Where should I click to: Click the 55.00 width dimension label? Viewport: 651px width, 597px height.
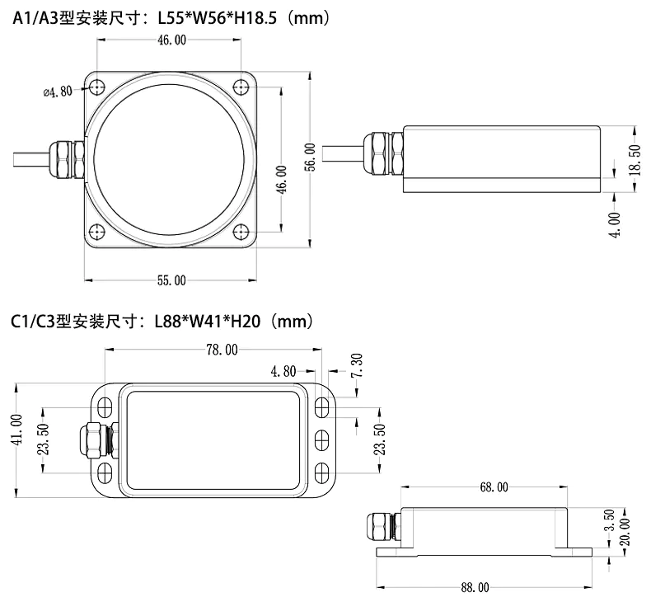coord(171,280)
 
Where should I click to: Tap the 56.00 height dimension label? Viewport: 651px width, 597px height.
coord(310,157)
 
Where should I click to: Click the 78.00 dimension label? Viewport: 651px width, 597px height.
coord(221,350)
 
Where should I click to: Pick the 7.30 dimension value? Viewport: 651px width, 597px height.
coord(356,364)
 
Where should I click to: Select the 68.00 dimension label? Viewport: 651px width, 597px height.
coord(494,487)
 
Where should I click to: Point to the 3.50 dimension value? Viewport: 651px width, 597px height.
coord(608,521)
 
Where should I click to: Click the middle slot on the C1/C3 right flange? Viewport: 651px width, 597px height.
coord(321,439)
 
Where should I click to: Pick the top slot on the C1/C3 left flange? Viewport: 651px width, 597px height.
coord(105,407)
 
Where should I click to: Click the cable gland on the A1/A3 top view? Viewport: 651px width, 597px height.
coord(66,159)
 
